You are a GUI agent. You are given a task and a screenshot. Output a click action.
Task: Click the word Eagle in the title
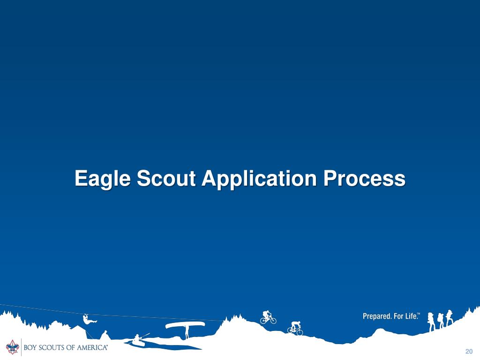click(x=103, y=179)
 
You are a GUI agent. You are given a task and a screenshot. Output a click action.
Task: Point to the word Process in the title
click(x=364, y=179)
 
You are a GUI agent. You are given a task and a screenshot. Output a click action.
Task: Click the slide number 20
click(x=469, y=352)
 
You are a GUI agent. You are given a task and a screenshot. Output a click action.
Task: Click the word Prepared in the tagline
click(x=377, y=316)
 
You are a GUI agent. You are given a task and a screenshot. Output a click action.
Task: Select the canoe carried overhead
click(x=185, y=324)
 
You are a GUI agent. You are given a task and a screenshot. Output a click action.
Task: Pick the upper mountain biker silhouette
click(x=268, y=317)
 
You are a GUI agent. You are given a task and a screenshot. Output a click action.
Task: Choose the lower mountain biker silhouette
click(x=295, y=327)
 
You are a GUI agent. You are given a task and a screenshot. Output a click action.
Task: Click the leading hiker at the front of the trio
click(x=450, y=317)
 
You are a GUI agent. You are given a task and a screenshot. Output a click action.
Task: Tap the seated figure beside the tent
click(x=105, y=335)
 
